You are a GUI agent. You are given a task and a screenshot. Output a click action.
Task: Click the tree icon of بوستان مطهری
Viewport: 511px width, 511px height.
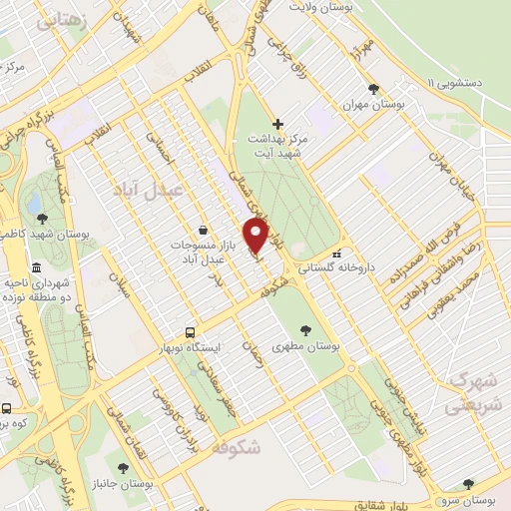coord(305,326)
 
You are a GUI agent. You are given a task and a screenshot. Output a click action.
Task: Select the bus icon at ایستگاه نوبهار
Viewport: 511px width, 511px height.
coord(190,332)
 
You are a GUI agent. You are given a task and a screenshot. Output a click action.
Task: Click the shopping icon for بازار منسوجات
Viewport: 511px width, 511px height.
coord(203,231)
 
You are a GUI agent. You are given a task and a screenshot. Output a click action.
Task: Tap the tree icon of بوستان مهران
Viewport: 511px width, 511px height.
coord(372,89)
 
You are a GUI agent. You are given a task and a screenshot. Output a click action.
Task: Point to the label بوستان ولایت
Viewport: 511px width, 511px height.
coord(323,8)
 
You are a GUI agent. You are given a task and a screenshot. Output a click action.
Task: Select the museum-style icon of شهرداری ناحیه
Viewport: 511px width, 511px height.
coord(37,267)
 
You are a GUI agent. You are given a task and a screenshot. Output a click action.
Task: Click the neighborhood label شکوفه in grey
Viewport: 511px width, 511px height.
coord(237,448)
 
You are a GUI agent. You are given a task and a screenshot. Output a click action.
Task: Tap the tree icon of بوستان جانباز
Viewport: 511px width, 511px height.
coord(123,467)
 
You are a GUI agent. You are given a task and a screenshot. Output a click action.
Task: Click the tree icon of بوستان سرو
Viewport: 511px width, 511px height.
coord(468,484)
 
